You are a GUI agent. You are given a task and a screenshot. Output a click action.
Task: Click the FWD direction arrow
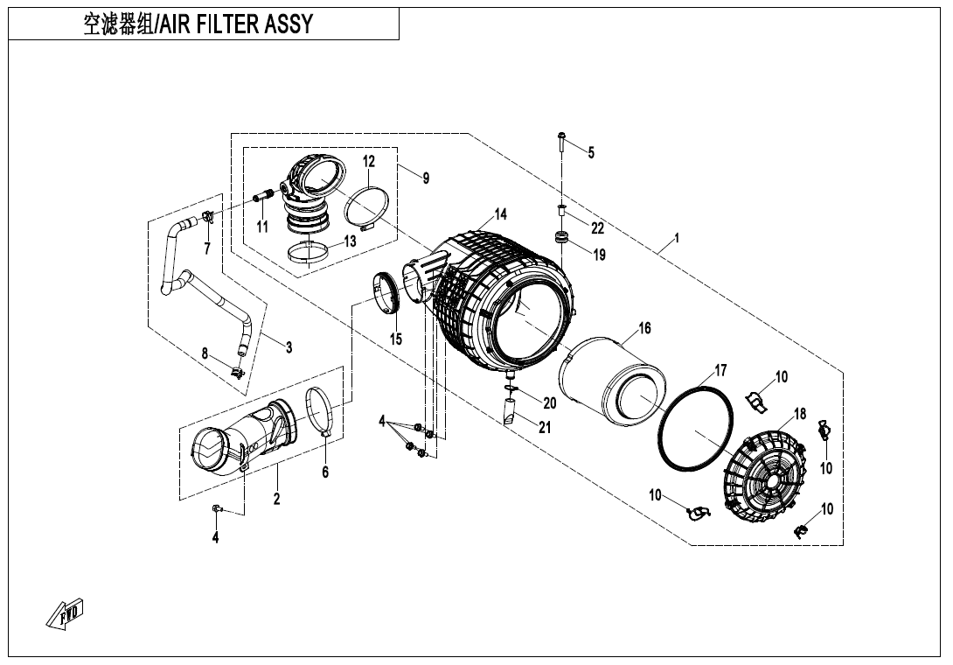pyautogui.click(x=65, y=614)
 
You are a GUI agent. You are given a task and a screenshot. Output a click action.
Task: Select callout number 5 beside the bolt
pyautogui.click(x=591, y=152)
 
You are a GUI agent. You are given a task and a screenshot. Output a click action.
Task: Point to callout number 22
pyautogui.click(x=597, y=227)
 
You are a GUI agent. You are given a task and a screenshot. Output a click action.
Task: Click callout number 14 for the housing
pyautogui.click(x=500, y=214)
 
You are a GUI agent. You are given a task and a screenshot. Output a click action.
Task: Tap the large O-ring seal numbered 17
pyautogui.click(x=694, y=429)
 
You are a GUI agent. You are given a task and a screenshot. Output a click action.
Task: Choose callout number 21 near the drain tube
pyautogui.click(x=545, y=427)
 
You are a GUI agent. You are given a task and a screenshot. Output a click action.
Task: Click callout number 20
pyautogui.click(x=549, y=402)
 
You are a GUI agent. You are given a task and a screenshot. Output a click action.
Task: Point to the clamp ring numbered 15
pyautogui.click(x=386, y=293)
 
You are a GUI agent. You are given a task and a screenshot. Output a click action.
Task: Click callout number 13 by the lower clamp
pyautogui.click(x=350, y=241)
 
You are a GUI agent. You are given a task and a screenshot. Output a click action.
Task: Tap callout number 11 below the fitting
pyautogui.click(x=262, y=227)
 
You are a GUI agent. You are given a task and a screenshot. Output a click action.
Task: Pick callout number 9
pyautogui.click(x=426, y=178)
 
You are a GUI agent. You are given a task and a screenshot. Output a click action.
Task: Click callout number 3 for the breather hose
pyautogui.click(x=289, y=346)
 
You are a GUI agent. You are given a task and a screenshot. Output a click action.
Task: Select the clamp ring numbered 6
pyautogui.click(x=322, y=412)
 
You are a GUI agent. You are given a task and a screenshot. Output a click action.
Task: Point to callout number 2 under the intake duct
pyautogui.click(x=276, y=499)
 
